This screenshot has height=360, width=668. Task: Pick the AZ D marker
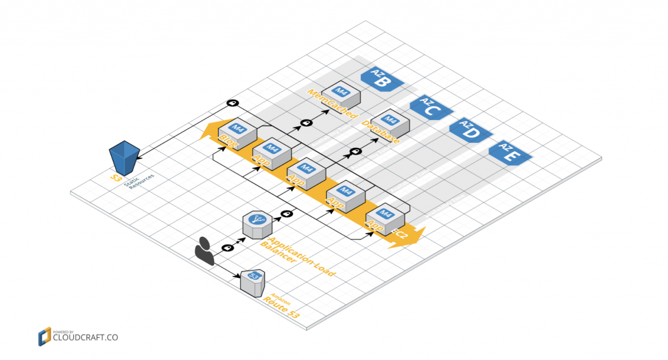(x=468, y=130)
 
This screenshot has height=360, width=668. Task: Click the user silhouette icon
(x=204, y=251)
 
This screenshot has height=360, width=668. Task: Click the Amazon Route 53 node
(x=252, y=282)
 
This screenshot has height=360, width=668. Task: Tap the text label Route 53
(x=282, y=309)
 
